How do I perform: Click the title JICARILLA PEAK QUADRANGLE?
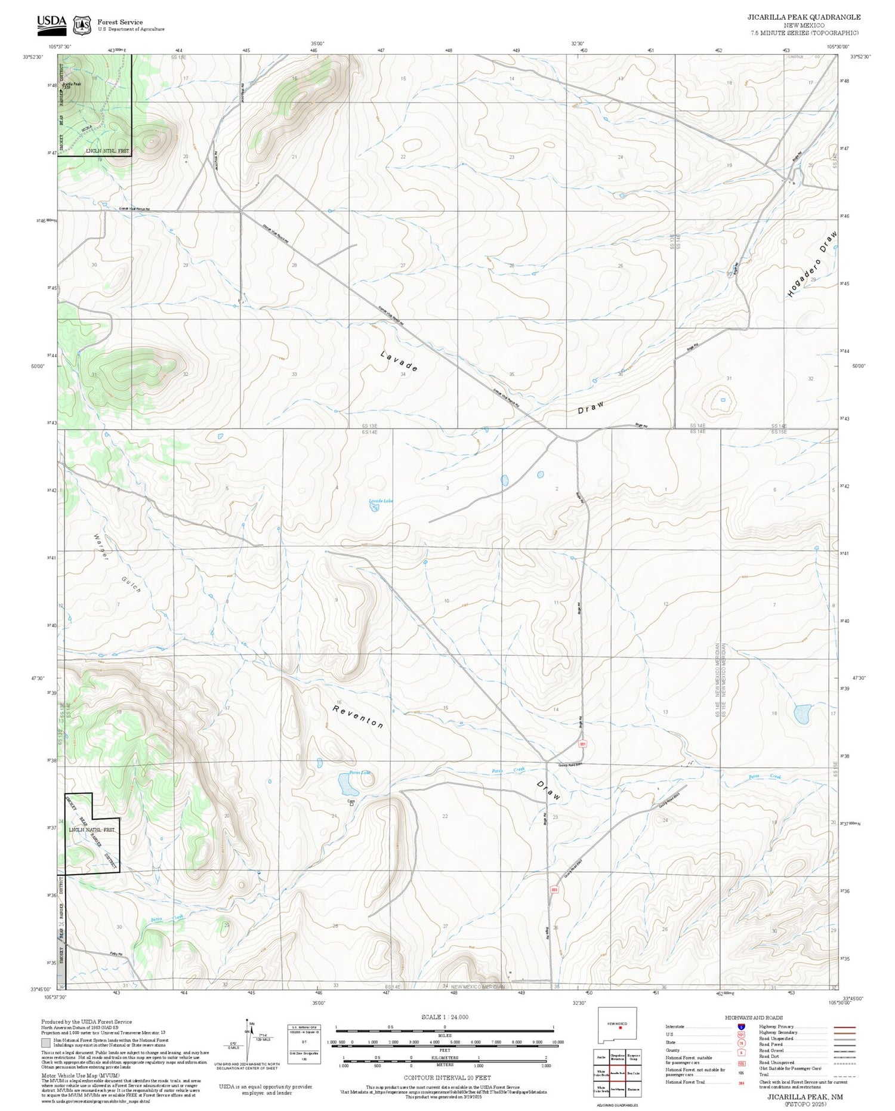[x=804, y=17]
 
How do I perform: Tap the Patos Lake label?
[x=360, y=772]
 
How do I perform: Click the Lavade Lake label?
[x=380, y=500]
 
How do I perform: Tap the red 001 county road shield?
[x=582, y=743]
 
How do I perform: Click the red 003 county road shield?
[x=554, y=889]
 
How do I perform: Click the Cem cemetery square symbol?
[x=351, y=804]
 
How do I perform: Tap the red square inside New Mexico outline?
[x=621, y=1028]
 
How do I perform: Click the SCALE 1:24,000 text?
[x=445, y=1017]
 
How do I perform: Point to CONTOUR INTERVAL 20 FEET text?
[x=447, y=1078]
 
